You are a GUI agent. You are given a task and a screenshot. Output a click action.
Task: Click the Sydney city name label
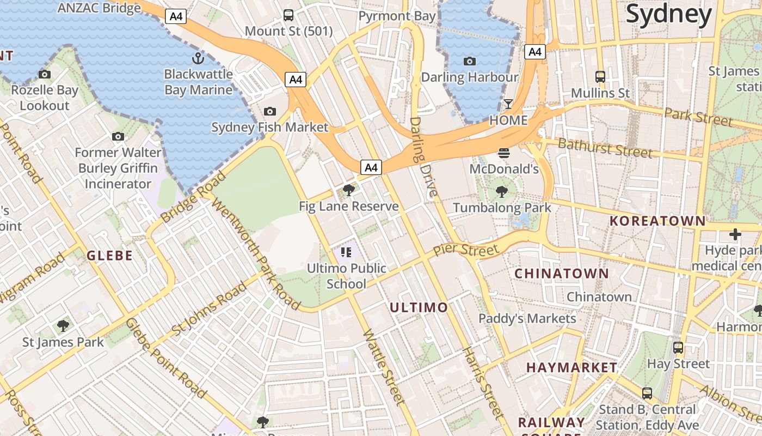pyautogui.click(x=668, y=14)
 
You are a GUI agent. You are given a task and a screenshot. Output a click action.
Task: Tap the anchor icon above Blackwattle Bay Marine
pyautogui.click(x=198, y=58)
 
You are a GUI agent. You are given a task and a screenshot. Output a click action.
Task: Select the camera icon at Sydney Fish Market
pyautogui.click(x=269, y=112)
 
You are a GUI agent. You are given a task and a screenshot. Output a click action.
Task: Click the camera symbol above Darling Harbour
pyautogui.click(x=469, y=62)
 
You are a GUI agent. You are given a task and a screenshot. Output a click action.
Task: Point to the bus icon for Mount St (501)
pyautogui.click(x=288, y=15)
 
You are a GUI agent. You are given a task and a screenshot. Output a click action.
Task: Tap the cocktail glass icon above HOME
pyautogui.click(x=508, y=104)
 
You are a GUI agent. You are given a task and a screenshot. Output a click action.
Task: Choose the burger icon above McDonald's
pyautogui.click(x=503, y=153)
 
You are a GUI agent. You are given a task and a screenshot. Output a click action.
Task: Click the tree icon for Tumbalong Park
pyautogui.click(x=502, y=192)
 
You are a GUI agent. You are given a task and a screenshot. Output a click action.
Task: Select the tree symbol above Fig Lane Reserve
pyautogui.click(x=349, y=190)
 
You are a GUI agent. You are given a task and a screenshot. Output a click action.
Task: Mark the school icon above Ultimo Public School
pyautogui.click(x=347, y=252)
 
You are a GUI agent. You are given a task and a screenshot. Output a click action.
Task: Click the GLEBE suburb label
pyautogui.click(x=109, y=256)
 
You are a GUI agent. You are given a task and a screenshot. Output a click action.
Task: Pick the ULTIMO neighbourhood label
pyautogui.click(x=419, y=307)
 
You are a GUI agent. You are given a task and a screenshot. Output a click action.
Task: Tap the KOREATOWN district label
pyautogui.click(x=657, y=221)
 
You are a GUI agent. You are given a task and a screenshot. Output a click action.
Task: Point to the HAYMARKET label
pyautogui.click(x=571, y=368)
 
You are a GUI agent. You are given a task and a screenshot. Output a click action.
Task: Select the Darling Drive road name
pyautogui.click(x=423, y=157)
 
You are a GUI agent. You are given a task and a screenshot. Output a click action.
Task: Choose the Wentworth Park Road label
pyautogui.click(x=256, y=254)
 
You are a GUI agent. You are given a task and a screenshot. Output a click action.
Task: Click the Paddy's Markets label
pyautogui.click(x=527, y=318)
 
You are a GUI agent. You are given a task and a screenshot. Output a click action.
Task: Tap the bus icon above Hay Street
pyautogui.click(x=678, y=347)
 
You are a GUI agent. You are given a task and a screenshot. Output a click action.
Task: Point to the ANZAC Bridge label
pyautogui.click(x=99, y=8)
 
